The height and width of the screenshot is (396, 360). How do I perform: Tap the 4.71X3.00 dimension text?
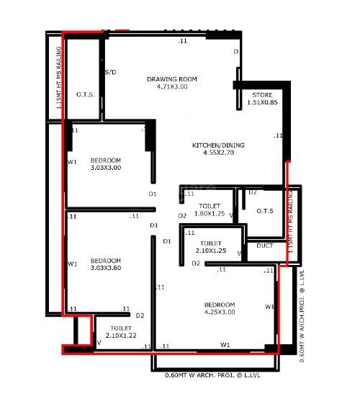pos(172,87)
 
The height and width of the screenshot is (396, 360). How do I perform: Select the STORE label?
pos(262,95)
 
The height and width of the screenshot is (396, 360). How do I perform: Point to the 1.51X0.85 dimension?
pos(262,103)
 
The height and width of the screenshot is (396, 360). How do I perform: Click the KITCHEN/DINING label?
pos(218,145)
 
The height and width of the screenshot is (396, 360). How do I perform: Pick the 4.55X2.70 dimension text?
pos(218,153)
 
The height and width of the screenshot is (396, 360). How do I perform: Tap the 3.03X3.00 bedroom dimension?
pos(106,168)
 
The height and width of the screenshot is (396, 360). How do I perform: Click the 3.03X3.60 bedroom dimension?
pos(106,269)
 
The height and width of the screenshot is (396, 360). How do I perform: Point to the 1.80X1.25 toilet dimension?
pos(210,214)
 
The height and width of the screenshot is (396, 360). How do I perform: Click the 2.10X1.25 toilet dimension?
pos(210,251)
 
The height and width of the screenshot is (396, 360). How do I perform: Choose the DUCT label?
pos(265,246)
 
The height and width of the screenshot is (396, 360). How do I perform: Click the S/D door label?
pos(111,73)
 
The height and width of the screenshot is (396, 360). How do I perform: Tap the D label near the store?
pos(235,52)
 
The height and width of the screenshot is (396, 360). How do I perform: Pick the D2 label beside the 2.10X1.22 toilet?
pos(140,315)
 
